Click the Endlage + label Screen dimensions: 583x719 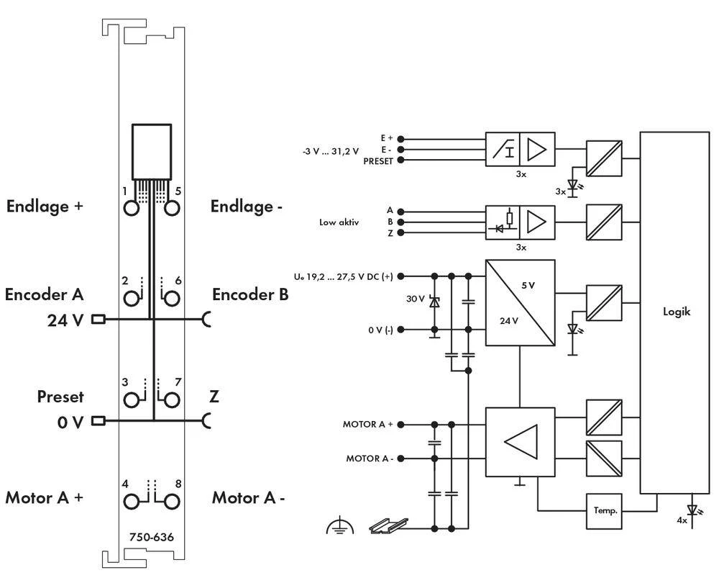click(45, 207)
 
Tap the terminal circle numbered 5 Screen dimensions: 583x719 click(171, 208)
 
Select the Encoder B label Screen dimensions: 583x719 click(250, 294)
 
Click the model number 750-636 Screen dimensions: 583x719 click(151, 537)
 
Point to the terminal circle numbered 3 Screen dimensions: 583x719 click(132, 399)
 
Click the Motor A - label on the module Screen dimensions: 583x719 click(248, 498)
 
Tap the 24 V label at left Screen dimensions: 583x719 click(65, 320)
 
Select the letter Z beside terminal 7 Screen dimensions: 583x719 click(214, 397)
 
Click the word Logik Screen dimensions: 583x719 click(677, 312)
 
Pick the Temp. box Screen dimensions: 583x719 click(605, 510)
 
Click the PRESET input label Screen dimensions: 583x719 click(378, 161)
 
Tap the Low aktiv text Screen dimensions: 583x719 click(339, 222)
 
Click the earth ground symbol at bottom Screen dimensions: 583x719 click(339, 526)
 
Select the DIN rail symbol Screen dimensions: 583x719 click(388, 525)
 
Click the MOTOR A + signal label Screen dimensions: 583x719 click(367, 425)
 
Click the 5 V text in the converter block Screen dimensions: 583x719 click(528, 285)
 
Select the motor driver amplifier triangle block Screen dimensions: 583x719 click(520, 442)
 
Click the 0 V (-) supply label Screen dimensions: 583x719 click(379, 330)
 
